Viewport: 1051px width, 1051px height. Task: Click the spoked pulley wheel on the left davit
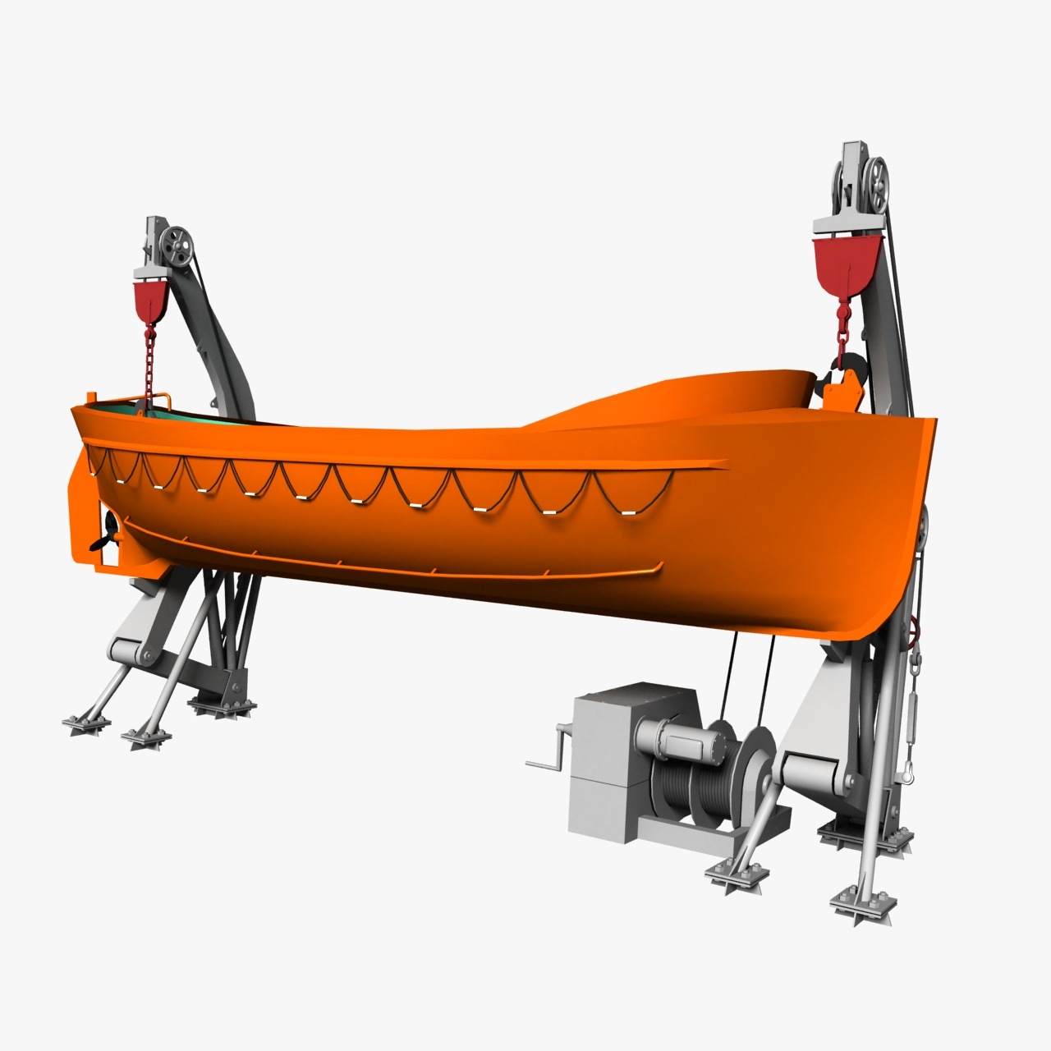click(176, 247)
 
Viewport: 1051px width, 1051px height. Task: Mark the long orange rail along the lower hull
click(394, 567)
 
